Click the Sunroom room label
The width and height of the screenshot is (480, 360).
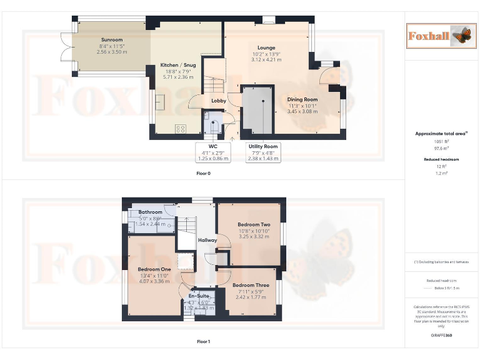pos(112,40)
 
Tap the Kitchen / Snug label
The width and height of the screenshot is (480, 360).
pos(179,65)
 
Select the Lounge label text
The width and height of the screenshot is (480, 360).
pos(266,47)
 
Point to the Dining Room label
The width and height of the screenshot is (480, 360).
pos(302,99)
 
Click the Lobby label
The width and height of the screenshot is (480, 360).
pos(219,101)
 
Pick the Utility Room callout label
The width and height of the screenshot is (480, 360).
pos(262,146)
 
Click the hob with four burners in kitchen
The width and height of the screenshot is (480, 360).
pos(181,129)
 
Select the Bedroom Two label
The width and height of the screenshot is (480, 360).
pos(254,224)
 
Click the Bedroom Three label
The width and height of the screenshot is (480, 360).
pos(250,286)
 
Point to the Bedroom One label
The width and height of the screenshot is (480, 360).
pos(154,269)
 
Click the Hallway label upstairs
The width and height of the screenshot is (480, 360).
pos(207,240)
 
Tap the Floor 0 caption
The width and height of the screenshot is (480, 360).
pos(203,173)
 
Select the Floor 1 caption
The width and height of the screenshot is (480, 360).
pos(203,342)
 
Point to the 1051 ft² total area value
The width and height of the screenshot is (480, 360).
pos(441,141)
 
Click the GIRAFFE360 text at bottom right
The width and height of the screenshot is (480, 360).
pos(441,336)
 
